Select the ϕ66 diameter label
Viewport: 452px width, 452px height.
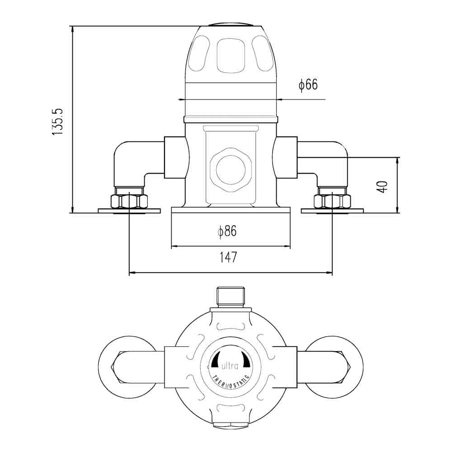(x=308, y=85)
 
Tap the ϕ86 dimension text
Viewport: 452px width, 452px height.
(x=227, y=232)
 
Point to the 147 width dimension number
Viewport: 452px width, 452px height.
(x=228, y=258)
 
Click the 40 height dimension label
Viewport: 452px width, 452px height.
(x=383, y=187)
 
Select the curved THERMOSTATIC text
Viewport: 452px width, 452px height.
(x=231, y=378)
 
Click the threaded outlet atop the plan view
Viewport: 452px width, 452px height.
(x=231, y=297)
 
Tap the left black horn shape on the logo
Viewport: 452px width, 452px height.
(x=217, y=359)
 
